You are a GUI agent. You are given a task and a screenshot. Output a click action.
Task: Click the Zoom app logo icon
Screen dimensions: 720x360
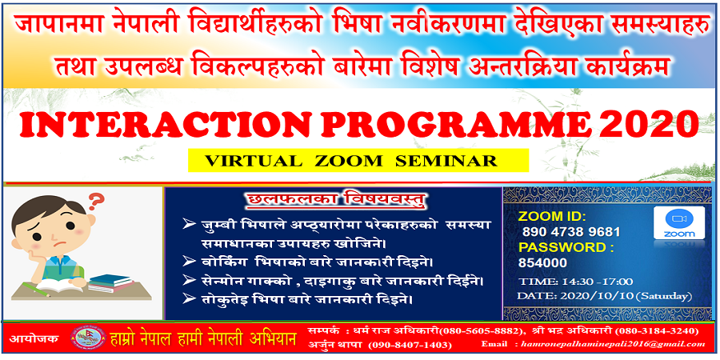pyautogui.click(x=679, y=222)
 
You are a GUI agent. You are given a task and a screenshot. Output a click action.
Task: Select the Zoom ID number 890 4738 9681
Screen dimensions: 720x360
pyautogui.click(x=570, y=232)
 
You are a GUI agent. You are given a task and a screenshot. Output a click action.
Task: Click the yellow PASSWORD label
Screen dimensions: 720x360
pyautogui.click(x=566, y=247)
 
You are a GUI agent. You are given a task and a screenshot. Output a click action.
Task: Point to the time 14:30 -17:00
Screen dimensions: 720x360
pyautogui.click(x=576, y=281)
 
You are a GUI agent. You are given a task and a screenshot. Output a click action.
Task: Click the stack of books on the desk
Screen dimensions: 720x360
pyautogui.click(x=110, y=282)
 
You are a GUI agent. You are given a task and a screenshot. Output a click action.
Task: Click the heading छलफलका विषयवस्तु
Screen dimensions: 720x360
pyautogui.click(x=333, y=201)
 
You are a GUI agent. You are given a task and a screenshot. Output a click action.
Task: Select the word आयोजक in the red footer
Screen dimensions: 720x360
pyautogui.click(x=34, y=339)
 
